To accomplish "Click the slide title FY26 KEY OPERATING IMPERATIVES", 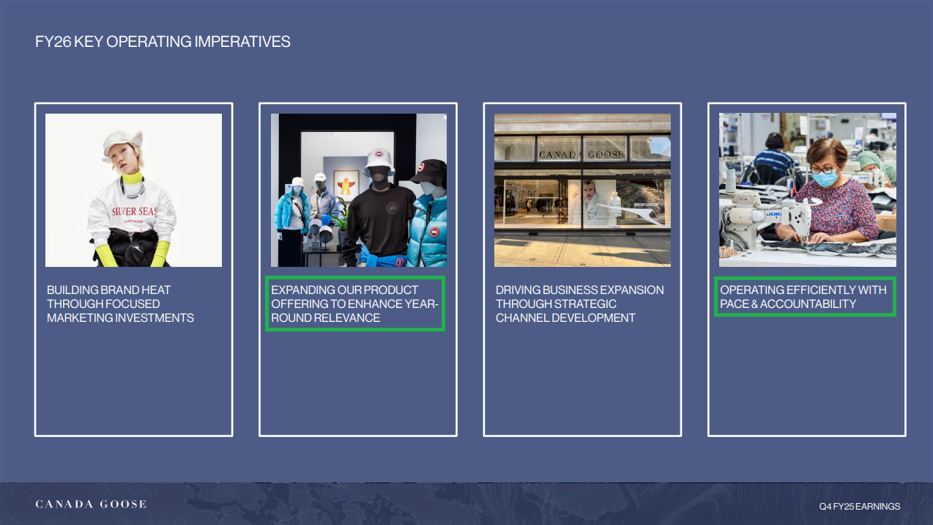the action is point(163,42).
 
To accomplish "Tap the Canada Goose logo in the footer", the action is point(91,504).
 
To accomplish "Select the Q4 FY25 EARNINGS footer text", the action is point(860,506).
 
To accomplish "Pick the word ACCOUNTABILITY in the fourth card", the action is point(808,304).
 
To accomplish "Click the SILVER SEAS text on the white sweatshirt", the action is point(134,211).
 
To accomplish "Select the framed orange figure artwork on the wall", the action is point(346,186).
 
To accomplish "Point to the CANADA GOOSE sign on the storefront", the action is point(582,155).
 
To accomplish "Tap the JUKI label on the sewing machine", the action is point(773,214).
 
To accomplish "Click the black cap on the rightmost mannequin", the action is point(429,171).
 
